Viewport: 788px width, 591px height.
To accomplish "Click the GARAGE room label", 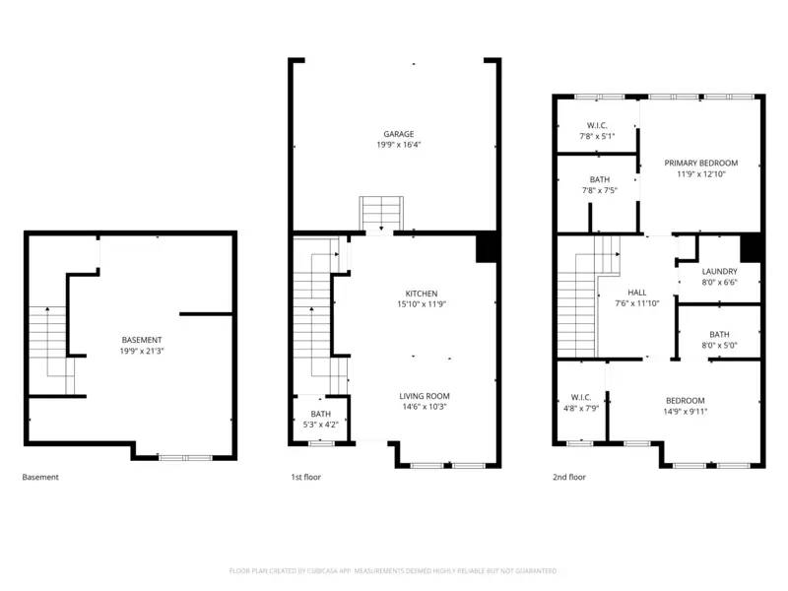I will coord(399,134).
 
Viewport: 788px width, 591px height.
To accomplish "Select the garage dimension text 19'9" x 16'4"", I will coord(399,145).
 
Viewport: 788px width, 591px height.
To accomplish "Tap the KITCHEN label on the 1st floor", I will coord(422,294).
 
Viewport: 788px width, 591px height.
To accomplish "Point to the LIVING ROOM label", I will coord(425,396).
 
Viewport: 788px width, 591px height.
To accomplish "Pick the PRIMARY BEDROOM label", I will coord(700,163).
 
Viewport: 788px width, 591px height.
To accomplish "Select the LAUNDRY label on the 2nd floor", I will coord(719,272).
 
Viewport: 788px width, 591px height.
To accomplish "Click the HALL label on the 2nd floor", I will coord(637,293).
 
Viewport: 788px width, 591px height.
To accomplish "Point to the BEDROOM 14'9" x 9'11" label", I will coord(685,400).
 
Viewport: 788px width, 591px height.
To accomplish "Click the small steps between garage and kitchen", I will coord(377,214).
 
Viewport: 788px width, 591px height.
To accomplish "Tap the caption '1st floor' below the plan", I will coord(305,478).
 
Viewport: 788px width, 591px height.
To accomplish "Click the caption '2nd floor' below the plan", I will coord(569,478).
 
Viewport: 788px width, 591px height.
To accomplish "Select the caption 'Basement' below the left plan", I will coord(40,478).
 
